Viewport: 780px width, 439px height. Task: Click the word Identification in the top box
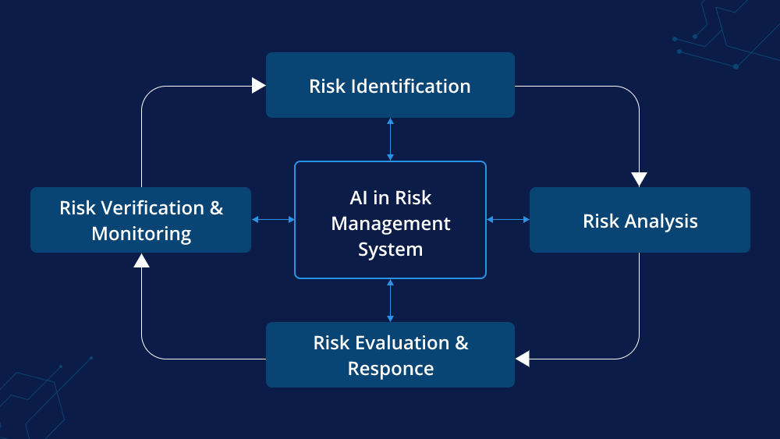(411, 86)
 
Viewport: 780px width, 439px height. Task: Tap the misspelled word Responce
(391, 370)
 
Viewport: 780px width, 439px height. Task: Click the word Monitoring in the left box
(141, 234)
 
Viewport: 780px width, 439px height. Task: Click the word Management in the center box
(391, 225)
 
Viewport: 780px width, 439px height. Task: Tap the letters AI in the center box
(358, 198)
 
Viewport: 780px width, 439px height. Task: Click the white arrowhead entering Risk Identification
(259, 86)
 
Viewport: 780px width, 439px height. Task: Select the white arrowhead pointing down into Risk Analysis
(640, 179)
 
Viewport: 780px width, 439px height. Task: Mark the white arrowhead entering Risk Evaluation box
(523, 359)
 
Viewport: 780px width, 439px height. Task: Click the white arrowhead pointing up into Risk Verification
(141, 260)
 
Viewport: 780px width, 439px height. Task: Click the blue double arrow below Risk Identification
(390, 140)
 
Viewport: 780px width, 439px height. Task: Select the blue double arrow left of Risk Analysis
(508, 219)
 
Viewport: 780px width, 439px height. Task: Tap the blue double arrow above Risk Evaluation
(390, 300)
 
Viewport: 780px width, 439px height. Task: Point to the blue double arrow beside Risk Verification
(273, 219)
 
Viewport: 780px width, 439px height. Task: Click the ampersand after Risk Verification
(216, 208)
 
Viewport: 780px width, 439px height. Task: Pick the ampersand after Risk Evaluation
(462, 342)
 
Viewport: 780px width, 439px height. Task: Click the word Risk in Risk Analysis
(601, 221)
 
